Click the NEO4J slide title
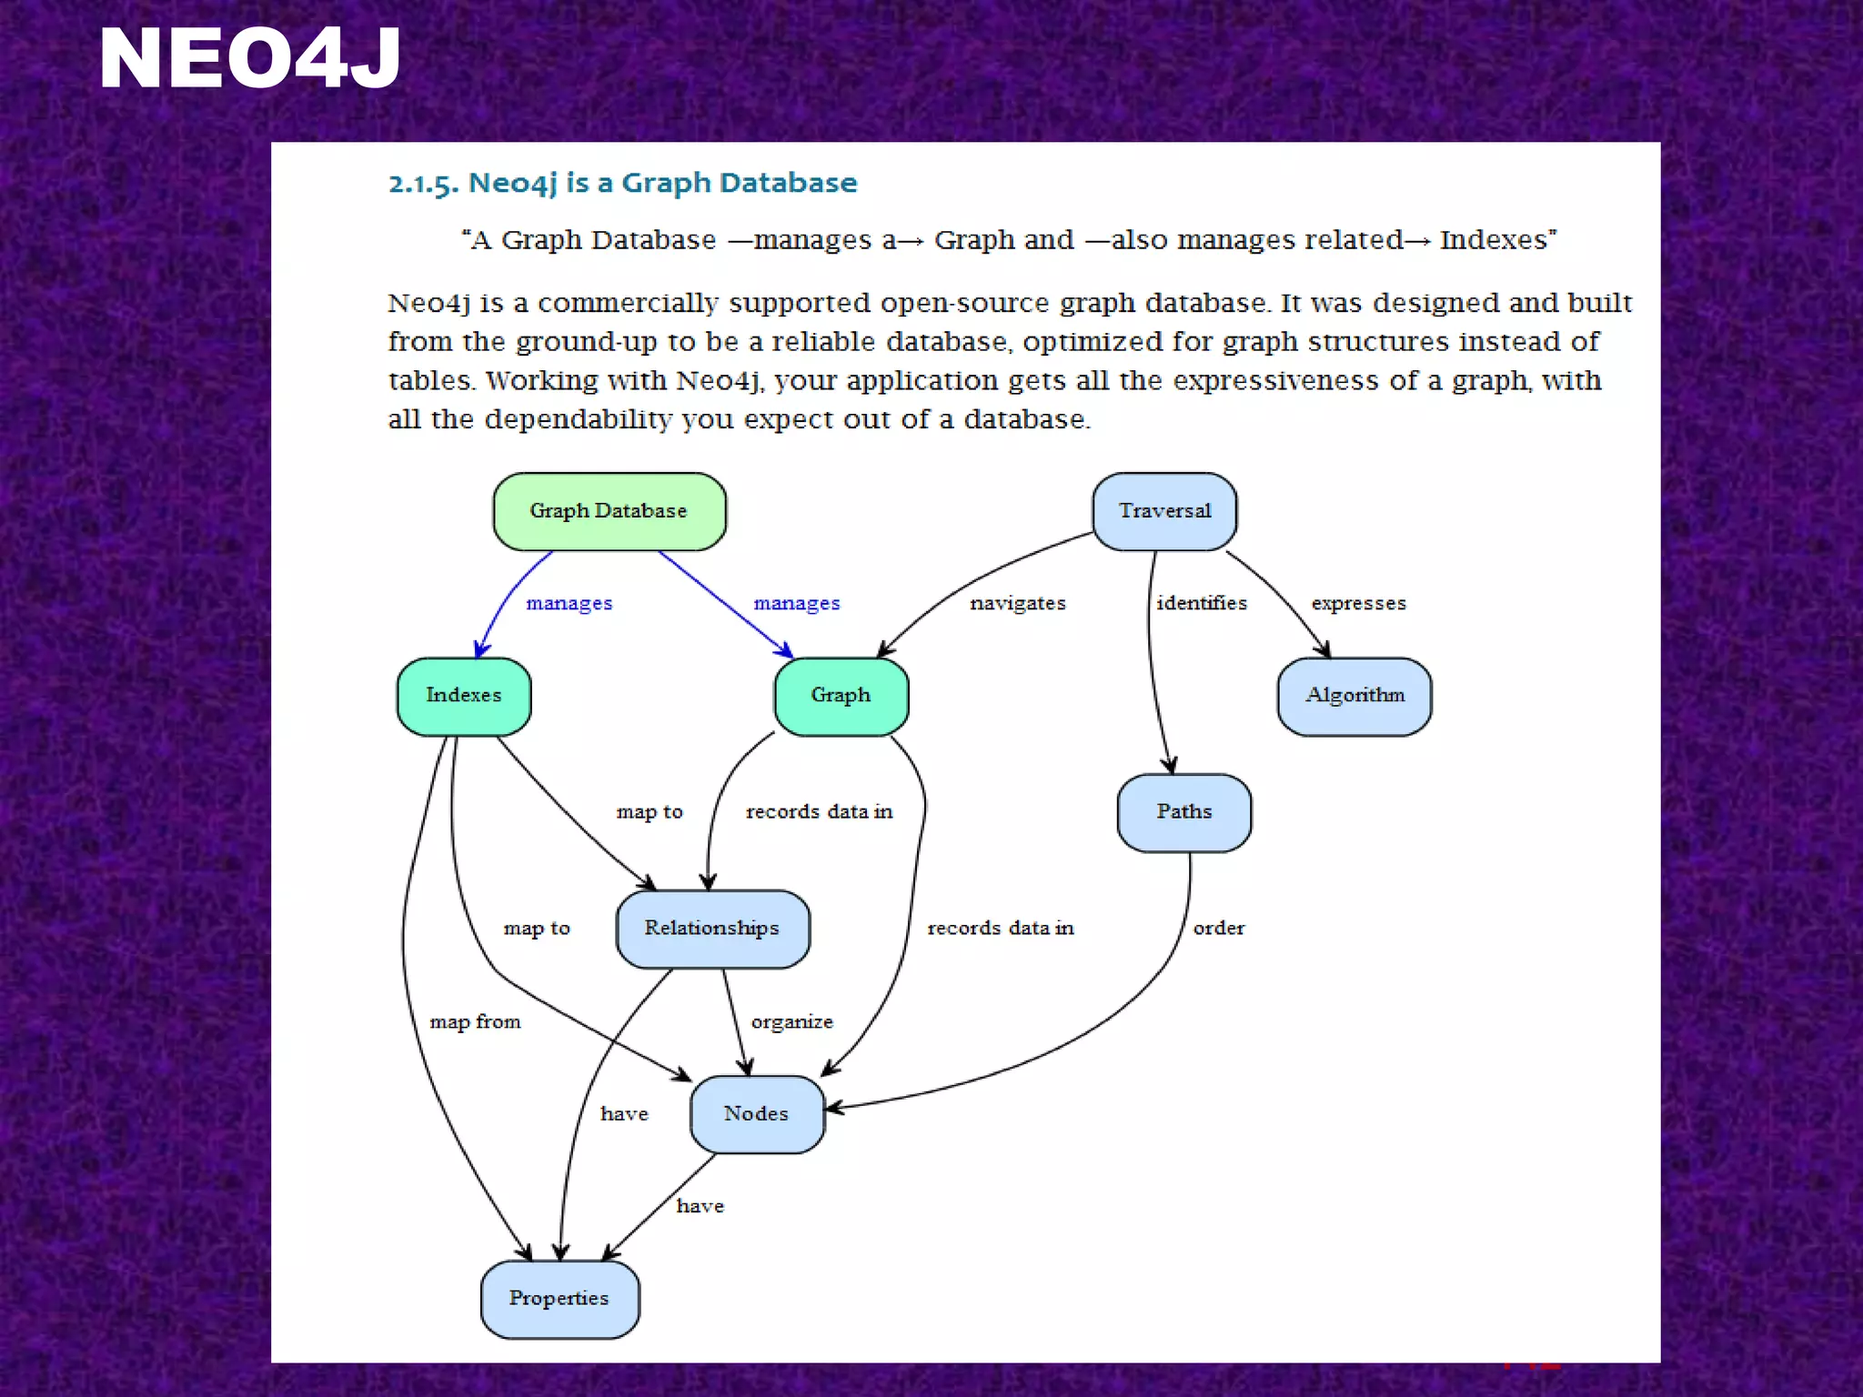[x=249, y=59]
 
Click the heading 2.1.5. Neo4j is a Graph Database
[x=622, y=183]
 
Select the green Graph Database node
[x=609, y=511]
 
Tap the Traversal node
[x=1164, y=511]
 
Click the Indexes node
[x=464, y=696]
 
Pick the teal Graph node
[x=841, y=696]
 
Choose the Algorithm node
[x=1354, y=696]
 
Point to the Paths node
[x=1183, y=812]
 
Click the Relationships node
[x=712, y=929]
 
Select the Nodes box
[x=757, y=1114]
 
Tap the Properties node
[x=559, y=1299]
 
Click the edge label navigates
[x=1017, y=603]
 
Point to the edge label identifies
[x=1201, y=603]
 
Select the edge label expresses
[x=1358, y=603]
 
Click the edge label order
[x=1218, y=929]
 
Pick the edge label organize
[x=791, y=1022]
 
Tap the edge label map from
[x=475, y=1022]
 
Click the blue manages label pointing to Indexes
[x=569, y=603]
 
